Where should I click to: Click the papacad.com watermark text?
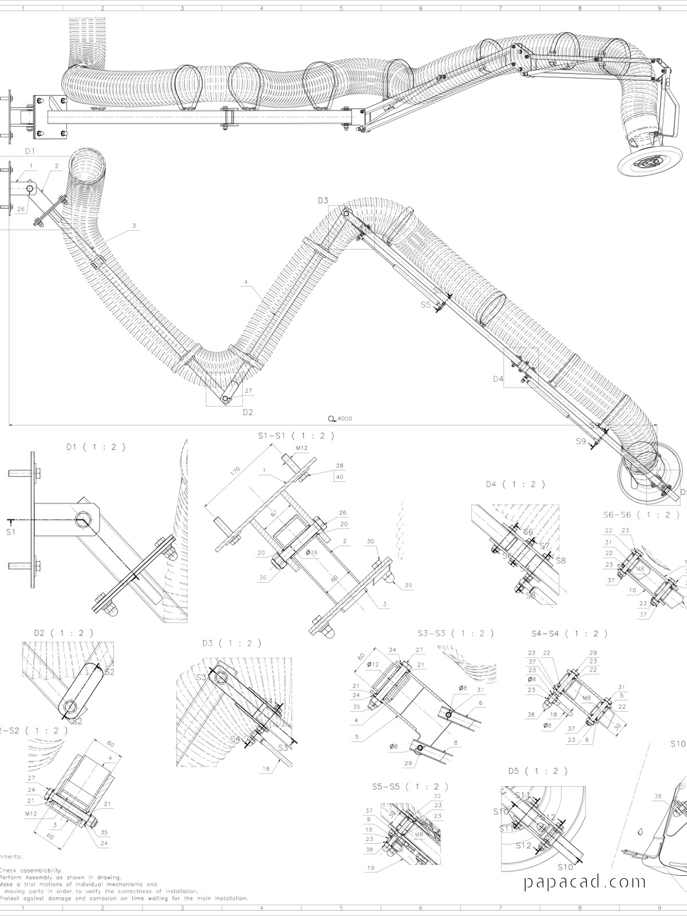point(585,882)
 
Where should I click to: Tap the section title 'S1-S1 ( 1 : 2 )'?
point(296,436)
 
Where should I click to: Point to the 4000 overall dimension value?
point(345,418)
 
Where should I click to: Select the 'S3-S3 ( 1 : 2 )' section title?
point(456,633)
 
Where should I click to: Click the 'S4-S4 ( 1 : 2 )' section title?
point(569,633)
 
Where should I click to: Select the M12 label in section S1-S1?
point(302,448)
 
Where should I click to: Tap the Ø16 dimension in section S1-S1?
point(312,552)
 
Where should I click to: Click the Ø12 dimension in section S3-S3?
point(373,664)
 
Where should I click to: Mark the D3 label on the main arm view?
point(323,200)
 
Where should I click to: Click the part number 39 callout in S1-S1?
point(408,585)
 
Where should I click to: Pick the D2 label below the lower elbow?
point(247,412)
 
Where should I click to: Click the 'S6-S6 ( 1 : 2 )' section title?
point(637,514)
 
